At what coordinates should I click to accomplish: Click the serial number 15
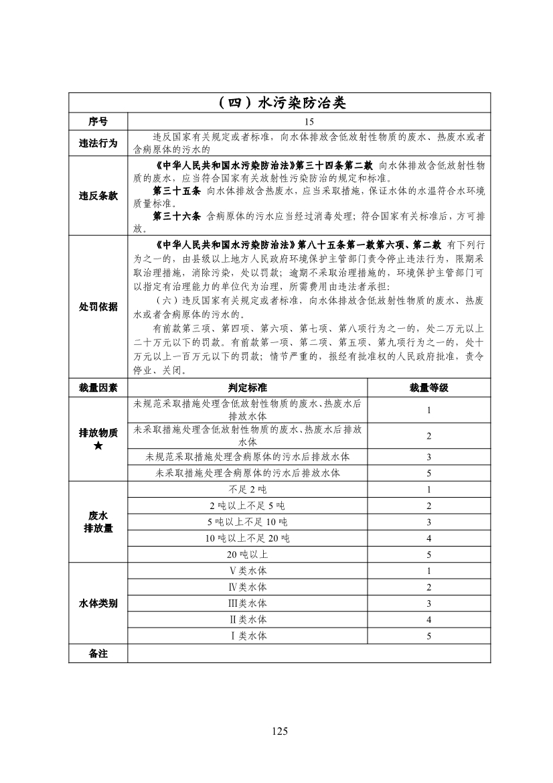click(x=309, y=122)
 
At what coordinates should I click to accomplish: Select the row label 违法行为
click(x=98, y=143)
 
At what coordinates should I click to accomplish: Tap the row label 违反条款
click(x=98, y=196)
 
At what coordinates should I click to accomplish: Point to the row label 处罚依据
click(x=98, y=306)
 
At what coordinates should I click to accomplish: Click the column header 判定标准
click(x=248, y=388)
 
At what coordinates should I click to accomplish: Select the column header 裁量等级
click(x=428, y=388)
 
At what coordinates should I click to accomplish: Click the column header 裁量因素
click(x=98, y=388)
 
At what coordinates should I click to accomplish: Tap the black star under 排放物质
click(x=98, y=446)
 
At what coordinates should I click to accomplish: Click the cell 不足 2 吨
click(x=248, y=490)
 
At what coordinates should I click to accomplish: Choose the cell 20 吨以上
click(x=248, y=555)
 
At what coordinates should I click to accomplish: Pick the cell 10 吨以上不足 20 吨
click(x=248, y=539)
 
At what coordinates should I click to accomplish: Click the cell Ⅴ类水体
click(x=248, y=571)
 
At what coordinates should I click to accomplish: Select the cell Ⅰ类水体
click(x=248, y=636)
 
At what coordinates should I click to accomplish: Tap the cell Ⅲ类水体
click(x=248, y=603)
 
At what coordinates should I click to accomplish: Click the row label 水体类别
click(x=98, y=603)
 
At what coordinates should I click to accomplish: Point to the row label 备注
click(x=98, y=653)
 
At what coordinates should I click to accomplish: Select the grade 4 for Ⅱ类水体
click(x=428, y=620)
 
